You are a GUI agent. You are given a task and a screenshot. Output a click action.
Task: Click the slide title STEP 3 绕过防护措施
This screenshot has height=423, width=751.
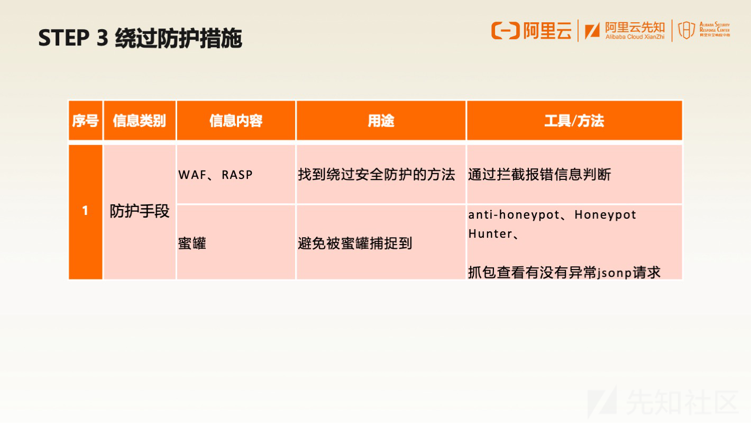pos(140,38)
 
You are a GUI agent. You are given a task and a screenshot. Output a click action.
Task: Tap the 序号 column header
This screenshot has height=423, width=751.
pos(86,121)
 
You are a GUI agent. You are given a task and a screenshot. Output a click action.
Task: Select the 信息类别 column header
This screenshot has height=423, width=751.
pos(140,121)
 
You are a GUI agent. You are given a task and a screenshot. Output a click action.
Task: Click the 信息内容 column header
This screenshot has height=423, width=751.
pos(236,121)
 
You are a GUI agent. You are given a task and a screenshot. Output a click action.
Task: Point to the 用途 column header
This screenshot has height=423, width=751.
pos(381,121)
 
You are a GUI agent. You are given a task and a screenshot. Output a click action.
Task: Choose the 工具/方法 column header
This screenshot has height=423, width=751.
pos(574,121)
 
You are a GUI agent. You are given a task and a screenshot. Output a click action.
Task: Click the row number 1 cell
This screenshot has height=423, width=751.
pos(86,212)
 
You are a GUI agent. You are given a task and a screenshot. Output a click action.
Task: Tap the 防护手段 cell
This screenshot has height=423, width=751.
pos(140,211)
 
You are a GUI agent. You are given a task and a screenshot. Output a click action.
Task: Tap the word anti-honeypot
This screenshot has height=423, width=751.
pos(514,215)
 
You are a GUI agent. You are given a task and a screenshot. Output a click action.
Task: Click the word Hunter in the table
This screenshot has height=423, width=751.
pos(490,233)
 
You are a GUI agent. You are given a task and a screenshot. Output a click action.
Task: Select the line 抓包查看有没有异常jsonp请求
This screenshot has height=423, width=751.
pos(564,272)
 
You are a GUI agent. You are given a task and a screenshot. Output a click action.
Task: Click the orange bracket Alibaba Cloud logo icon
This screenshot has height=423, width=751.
pos(506,31)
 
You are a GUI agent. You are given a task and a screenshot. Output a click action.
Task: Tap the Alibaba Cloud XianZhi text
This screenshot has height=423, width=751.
pos(635,37)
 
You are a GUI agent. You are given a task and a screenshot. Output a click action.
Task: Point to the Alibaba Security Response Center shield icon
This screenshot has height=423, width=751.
pos(686,30)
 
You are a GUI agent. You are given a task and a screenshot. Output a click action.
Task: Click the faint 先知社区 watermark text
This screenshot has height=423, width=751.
pos(682,402)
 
